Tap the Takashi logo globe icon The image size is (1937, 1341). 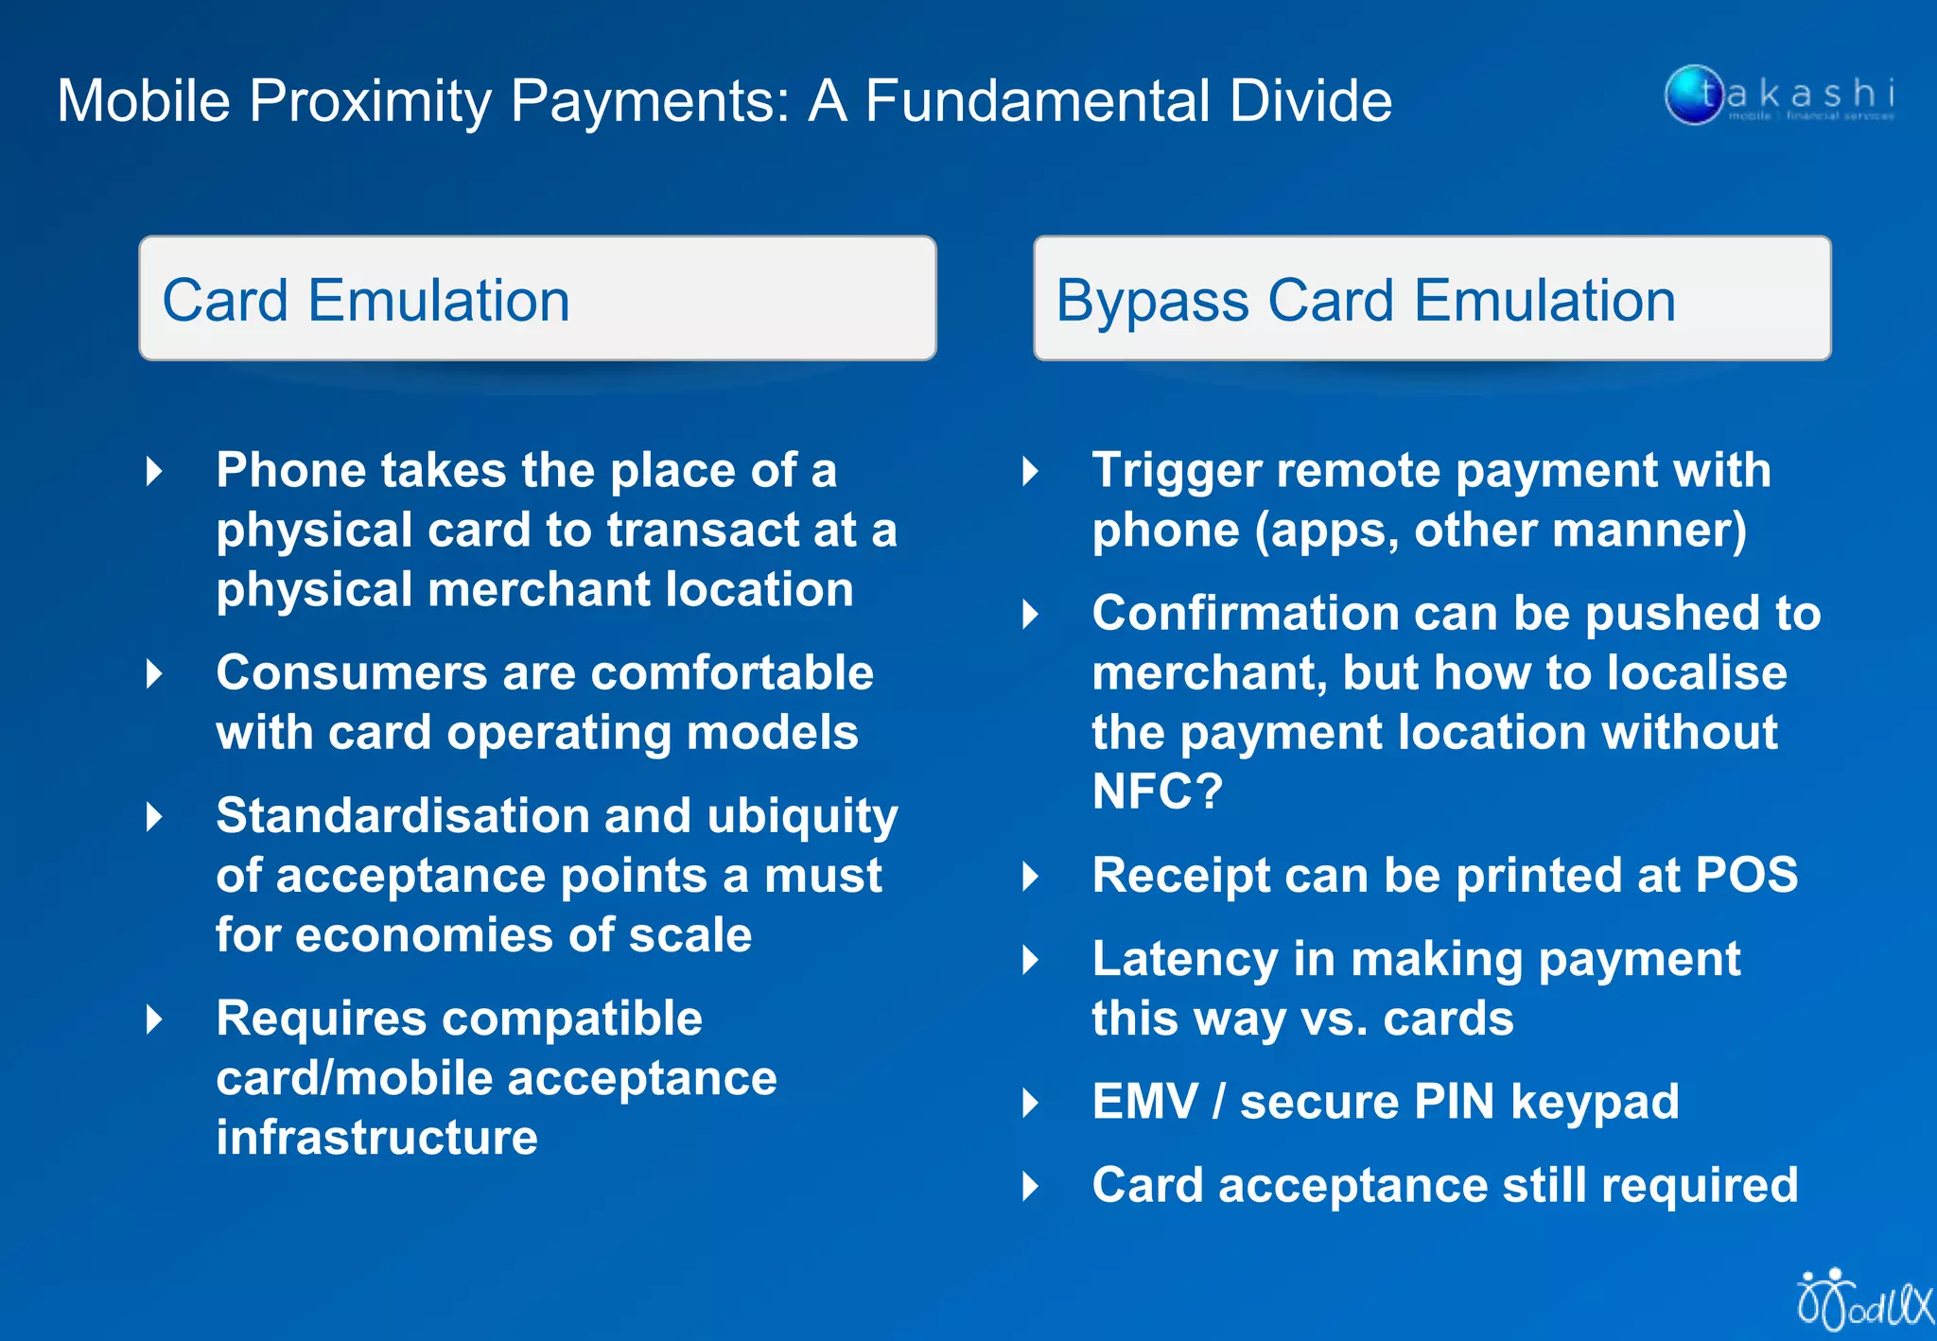point(1693,95)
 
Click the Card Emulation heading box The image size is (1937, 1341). point(537,299)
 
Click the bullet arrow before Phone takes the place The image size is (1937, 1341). point(154,471)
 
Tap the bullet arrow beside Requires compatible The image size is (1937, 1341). point(154,1019)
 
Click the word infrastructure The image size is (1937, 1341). point(376,1137)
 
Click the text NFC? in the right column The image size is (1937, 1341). point(1157,791)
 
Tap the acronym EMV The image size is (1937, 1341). point(1144,1102)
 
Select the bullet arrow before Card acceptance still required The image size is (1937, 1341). point(1031,1186)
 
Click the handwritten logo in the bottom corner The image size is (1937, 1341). point(1863,1301)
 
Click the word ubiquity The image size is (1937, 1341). point(802,817)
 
